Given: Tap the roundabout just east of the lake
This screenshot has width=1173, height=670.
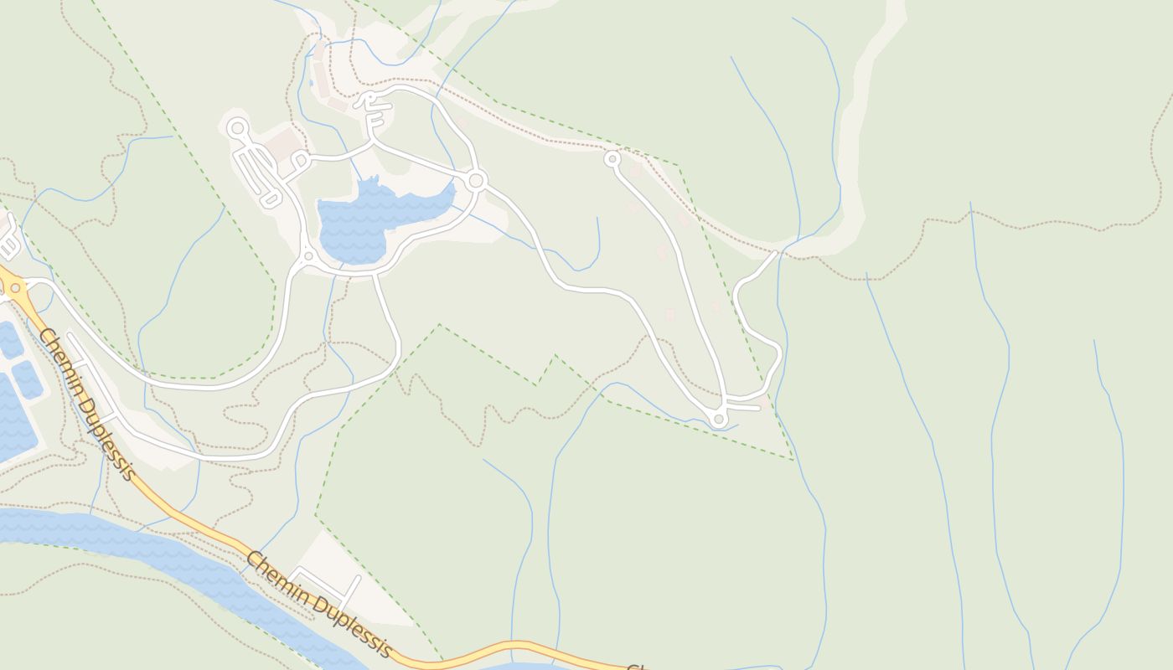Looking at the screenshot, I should [x=477, y=180].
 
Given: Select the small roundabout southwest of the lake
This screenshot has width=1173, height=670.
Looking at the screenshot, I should [x=308, y=256].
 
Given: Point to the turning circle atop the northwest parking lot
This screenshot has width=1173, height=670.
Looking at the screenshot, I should [x=237, y=128].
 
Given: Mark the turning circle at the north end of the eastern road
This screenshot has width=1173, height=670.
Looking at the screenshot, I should [x=612, y=158].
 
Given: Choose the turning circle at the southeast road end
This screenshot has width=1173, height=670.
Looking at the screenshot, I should [x=718, y=419].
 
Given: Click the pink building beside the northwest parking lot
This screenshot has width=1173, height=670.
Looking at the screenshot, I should [x=287, y=142].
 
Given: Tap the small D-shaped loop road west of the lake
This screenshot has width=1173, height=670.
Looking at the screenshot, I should [x=300, y=160].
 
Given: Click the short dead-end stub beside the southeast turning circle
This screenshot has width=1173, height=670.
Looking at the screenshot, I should [x=746, y=407].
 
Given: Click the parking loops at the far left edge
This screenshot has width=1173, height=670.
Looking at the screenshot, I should [x=8, y=239].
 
